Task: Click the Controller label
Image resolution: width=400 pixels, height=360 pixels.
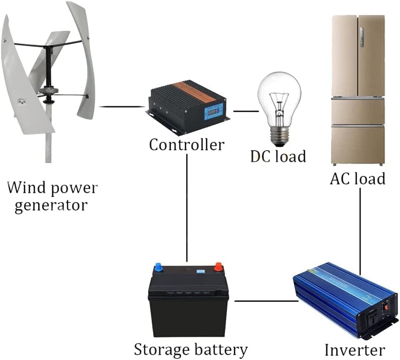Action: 187,145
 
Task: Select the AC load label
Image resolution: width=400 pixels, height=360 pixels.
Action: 357,178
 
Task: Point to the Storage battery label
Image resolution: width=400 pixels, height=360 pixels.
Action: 190,349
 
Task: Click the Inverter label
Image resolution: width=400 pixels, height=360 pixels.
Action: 354,350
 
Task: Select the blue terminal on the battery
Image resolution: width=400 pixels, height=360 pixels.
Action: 159,266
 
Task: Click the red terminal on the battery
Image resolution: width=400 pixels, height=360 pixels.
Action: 218,266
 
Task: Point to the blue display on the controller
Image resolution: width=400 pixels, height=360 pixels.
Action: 213,111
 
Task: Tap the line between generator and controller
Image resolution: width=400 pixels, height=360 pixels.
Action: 121,107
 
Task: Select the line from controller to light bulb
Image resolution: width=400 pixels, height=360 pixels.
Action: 245,111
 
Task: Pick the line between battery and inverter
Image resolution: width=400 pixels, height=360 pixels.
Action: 266,300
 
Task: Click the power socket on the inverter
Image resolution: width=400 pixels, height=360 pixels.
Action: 377,315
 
